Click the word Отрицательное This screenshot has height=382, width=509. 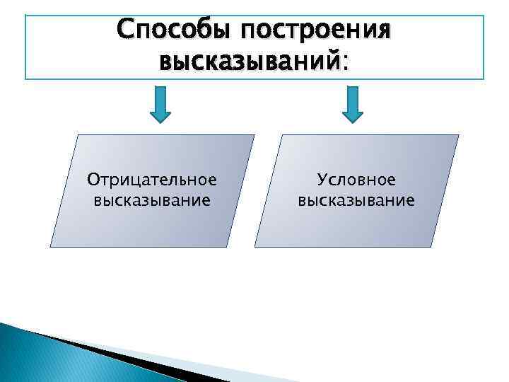click(151, 180)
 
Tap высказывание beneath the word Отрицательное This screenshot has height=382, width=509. click(151, 200)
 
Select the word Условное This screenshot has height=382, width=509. click(356, 180)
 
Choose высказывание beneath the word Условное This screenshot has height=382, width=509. click(356, 200)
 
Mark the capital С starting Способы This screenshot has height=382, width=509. click(127, 30)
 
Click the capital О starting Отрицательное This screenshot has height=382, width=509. click(92, 180)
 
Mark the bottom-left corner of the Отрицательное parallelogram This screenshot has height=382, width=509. click(51, 246)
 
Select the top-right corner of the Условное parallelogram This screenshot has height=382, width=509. click(458, 135)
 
